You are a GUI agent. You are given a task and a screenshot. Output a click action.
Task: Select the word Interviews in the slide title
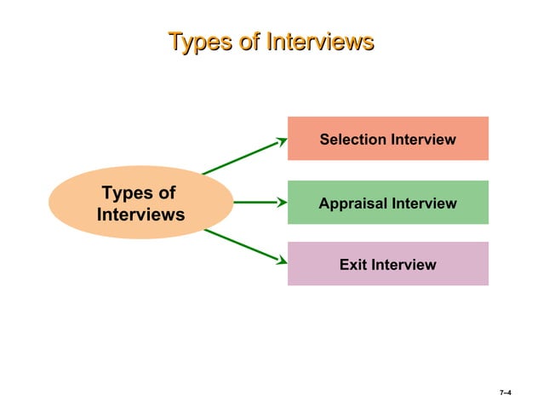pyautogui.click(x=319, y=41)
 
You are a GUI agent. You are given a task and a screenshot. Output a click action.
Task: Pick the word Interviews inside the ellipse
pyautogui.click(x=140, y=215)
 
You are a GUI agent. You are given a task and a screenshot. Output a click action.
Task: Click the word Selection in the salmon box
pyautogui.click(x=353, y=139)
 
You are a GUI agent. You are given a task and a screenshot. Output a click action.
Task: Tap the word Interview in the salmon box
pyautogui.click(x=423, y=139)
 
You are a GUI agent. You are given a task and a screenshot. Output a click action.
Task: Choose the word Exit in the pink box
pyautogui.click(x=354, y=265)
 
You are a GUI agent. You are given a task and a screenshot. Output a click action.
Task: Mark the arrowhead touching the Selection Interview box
pyautogui.click(x=282, y=141)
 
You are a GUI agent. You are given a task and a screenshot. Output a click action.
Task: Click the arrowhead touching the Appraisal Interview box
pyautogui.click(x=282, y=203)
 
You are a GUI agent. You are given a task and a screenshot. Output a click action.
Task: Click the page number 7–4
pyautogui.click(x=505, y=393)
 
